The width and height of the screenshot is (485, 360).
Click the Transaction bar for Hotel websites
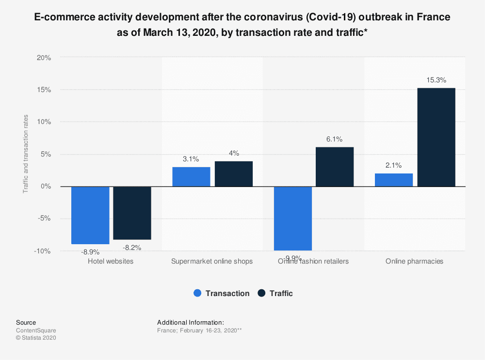point(90,215)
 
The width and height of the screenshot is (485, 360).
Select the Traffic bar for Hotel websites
point(132,213)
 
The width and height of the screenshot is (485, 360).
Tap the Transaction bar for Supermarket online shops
point(192,177)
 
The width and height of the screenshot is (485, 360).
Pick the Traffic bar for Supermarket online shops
point(234,174)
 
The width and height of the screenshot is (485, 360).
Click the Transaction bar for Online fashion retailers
point(293,218)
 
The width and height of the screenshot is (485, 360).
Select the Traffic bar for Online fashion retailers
point(335,167)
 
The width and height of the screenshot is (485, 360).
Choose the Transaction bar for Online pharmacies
point(394,180)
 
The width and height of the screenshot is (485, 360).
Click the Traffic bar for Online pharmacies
point(436,137)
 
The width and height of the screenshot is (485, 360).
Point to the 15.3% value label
point(436,80)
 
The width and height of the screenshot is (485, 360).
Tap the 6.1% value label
point(335,139)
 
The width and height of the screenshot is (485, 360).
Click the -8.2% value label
point(132,248)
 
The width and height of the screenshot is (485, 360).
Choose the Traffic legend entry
point(275,293)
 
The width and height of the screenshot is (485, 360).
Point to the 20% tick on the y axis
point(44,58)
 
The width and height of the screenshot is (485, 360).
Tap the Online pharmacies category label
point(415,261)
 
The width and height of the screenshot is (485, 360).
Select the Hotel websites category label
point(111,261)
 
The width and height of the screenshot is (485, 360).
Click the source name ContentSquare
point(36,330)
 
